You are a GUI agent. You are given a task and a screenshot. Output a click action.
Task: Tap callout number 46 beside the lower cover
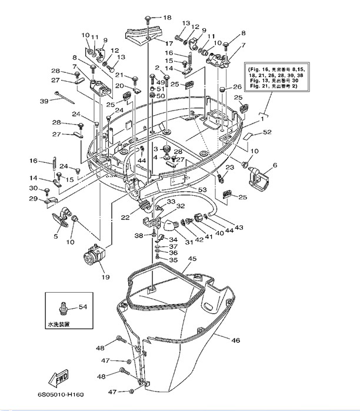[235, 340]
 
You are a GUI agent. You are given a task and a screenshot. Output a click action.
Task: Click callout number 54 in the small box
[82, 307]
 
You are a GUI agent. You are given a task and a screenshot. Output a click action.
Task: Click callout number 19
[106, 277]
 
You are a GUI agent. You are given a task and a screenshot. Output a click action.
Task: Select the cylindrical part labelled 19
[94, 256]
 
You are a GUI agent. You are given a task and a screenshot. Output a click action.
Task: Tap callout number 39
[44, 101]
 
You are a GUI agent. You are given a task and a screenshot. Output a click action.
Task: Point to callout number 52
[268, 132]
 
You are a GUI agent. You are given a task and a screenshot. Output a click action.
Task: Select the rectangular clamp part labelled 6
[258, 177]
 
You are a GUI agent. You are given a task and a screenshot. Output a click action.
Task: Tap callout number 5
[56, 236]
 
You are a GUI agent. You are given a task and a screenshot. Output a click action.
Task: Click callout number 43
[239, 228]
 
